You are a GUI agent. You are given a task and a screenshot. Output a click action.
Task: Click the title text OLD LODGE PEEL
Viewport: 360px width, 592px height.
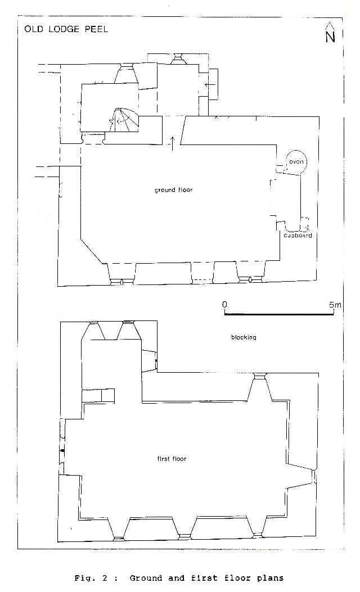tap(66, 29)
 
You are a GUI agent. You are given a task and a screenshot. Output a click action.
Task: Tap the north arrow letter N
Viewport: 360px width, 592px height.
tap(330, 37)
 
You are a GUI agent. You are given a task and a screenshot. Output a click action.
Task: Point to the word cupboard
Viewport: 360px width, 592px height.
tap(298, 235)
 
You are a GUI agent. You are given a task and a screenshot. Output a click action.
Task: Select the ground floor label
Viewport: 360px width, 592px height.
tap(173, 190)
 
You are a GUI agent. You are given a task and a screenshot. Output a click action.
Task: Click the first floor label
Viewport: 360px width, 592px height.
tap(172, 459)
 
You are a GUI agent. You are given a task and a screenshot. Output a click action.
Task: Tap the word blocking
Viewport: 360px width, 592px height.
tap(244, 337)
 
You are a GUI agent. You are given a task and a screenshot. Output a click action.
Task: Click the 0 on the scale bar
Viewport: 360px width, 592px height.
tap(225, 304)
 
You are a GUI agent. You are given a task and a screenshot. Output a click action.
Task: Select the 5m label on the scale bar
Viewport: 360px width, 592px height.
tap(335, 304)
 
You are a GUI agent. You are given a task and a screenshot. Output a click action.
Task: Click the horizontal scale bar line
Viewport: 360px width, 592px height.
tap(280, 313)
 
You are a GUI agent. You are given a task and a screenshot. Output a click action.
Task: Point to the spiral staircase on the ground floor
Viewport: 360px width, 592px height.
tap(124, 120)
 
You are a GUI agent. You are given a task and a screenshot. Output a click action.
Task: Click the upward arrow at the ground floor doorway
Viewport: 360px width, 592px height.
tap(173, 143)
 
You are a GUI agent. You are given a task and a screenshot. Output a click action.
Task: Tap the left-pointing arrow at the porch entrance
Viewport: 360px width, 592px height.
tap(210, 84)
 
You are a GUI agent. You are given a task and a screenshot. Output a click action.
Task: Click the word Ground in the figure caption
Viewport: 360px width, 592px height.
tap(146, 578)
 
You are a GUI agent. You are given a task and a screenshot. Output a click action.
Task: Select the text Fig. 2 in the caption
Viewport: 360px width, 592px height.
tap(91, 578)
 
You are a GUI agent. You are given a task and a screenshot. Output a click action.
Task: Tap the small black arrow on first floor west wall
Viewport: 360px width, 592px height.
tap(62, 450)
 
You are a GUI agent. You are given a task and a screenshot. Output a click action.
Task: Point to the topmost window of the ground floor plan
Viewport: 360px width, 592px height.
tap(178, 59)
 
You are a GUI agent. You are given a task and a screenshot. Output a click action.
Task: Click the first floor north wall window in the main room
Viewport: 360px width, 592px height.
tap(259, 387)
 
